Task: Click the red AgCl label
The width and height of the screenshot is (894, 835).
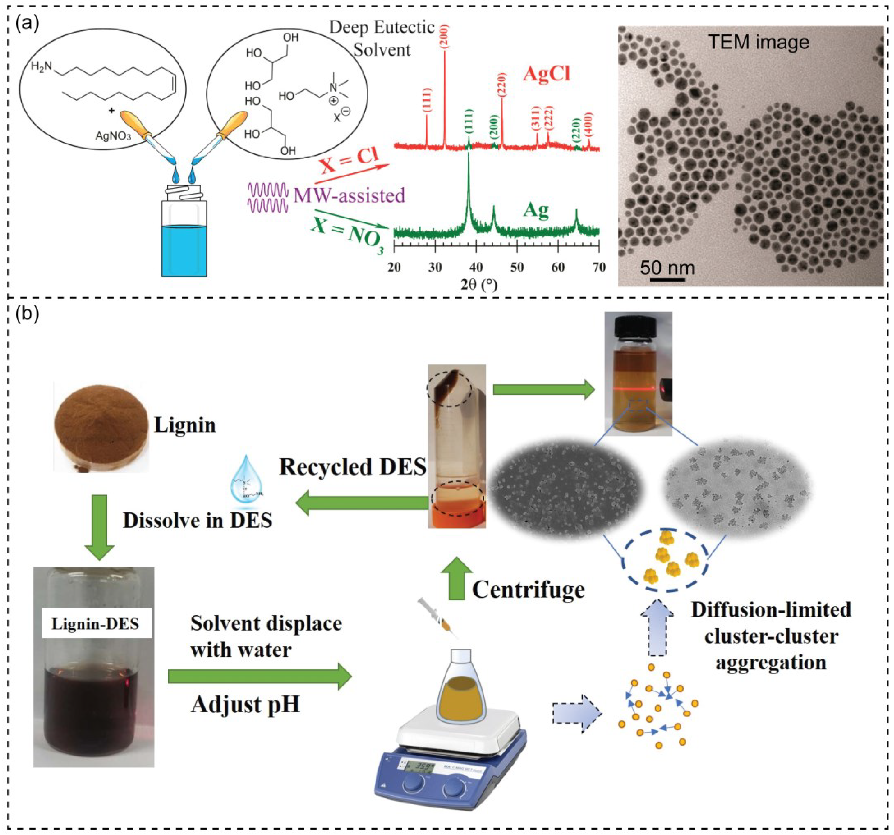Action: tap(546, 73)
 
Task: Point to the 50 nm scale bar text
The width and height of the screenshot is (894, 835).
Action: tap(667, 268)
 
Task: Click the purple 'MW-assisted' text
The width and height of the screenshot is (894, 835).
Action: tap(349, 196)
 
